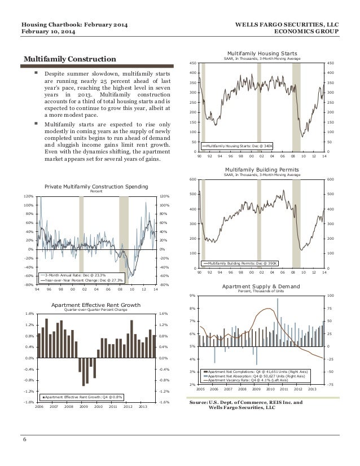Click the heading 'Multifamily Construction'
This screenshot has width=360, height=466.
[69, 59]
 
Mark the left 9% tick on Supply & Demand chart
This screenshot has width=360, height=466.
[191, 296]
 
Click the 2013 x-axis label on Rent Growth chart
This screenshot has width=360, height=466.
[142, 406]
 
